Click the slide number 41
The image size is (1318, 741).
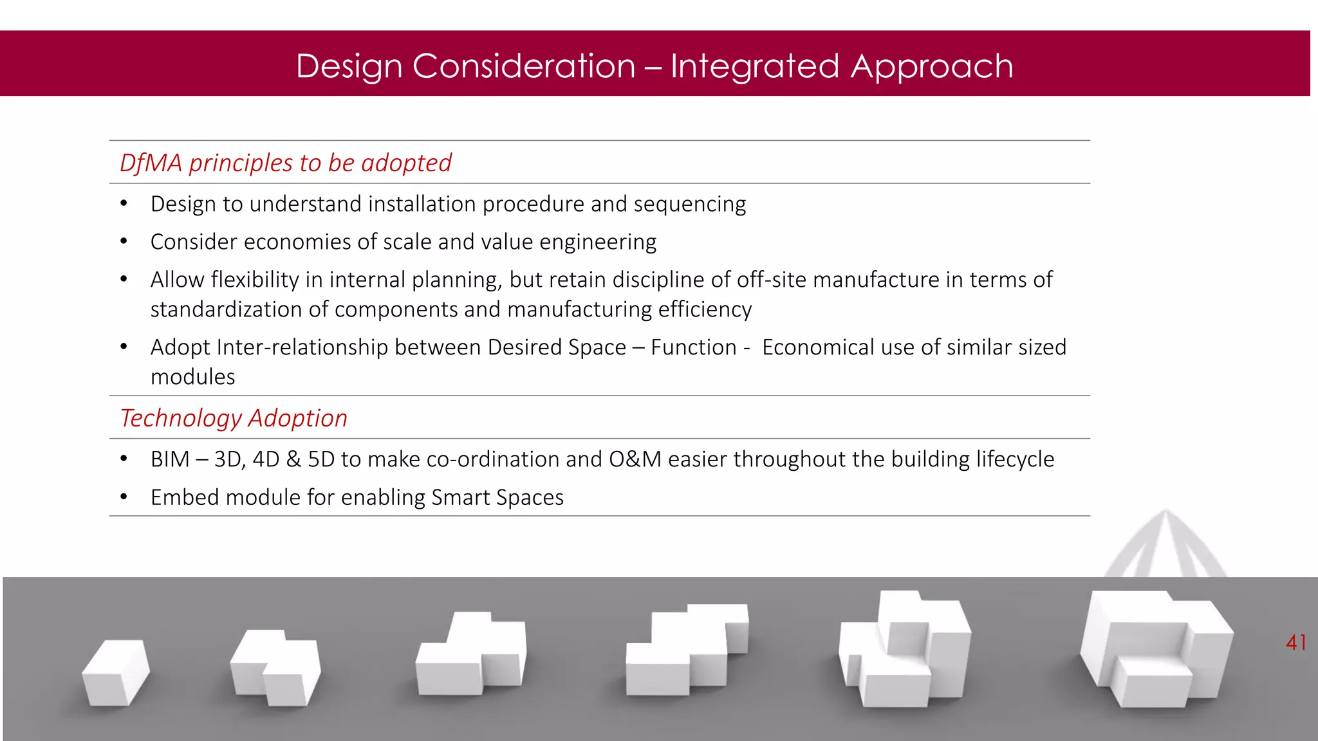click(x=1295, y=643)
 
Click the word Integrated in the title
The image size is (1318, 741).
click(x=755, y=66)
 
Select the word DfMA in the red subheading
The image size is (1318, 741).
click(x=151, y=163)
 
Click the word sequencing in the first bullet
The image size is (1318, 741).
click(x=689, y=205)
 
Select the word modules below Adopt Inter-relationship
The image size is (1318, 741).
click(x=192, y=378)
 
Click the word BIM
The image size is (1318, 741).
click(x=170, y=460)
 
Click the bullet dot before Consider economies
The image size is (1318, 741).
click(x=124, y=242)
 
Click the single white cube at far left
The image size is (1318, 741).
click(x=116, y=672)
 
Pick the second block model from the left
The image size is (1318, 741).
click(x=275, y=667)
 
